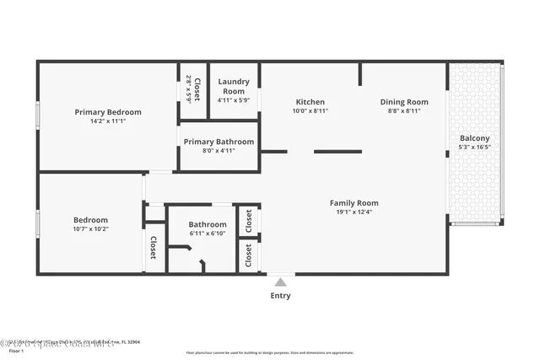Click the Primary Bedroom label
[x=108, y=112]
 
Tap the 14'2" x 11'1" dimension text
[x=108, y=121]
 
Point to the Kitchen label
[x=310, y=102]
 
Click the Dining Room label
[x=404, y=102]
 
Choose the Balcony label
[x=474, y=138]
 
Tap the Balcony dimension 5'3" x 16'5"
[x=474, y=147]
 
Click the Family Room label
[x=354, y=202]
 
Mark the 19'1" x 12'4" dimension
[x=354, y=212]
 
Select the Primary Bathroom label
[x=219, y=142]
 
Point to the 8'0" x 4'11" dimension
[x=219, y=151]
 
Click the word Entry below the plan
[x=280, y=296]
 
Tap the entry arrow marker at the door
[x=280, y=281]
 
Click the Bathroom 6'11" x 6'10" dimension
[x=208, y=234]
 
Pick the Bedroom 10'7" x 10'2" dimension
[x=90, y=228]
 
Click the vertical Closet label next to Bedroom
[x=154, y=247]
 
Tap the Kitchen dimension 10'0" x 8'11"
[x=310, y=111]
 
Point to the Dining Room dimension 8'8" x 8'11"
[x=404, y=111]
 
